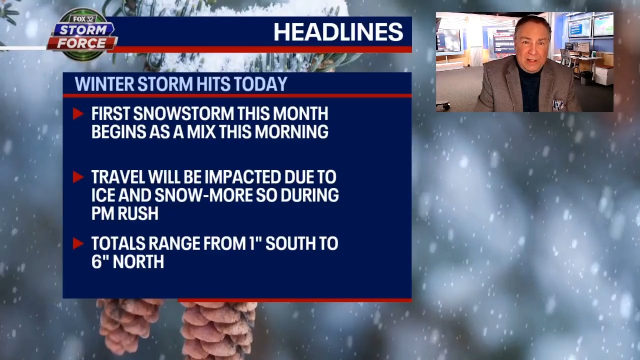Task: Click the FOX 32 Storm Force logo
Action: pos(83,34)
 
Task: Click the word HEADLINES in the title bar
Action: pos(338,32)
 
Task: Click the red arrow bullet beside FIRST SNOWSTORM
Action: pos(77,114)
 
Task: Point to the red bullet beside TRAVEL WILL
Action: pos(77,177)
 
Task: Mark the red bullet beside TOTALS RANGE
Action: pos(77,243)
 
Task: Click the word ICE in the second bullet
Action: pos(102,195)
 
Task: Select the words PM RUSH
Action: pos(124,213)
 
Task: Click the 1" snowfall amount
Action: pos(254,243)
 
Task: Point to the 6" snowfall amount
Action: pos(98,261)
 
